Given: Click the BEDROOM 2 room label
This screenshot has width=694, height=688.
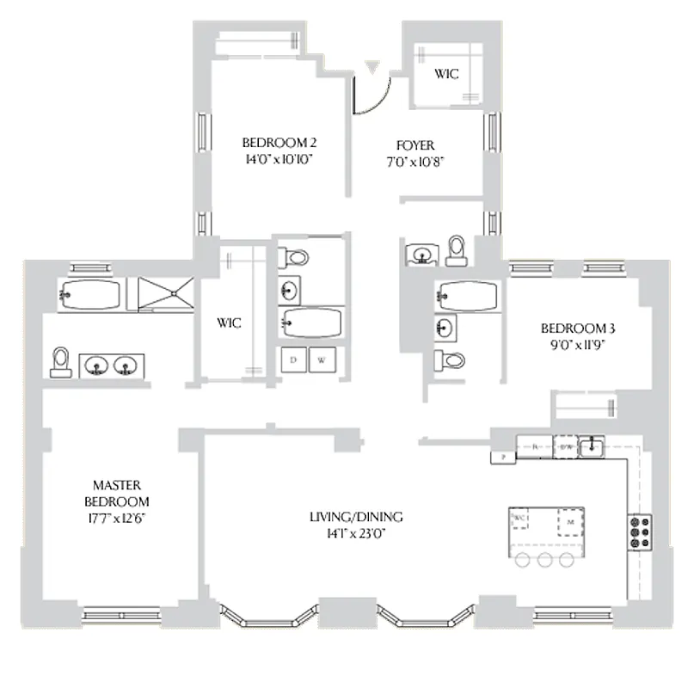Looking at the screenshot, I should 270,143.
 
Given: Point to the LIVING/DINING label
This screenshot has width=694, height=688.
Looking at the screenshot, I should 356,518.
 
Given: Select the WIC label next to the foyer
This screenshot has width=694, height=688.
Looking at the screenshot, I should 445,74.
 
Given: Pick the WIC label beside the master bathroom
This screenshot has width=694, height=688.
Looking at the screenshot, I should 229,323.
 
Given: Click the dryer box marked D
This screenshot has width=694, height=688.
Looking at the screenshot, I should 293,359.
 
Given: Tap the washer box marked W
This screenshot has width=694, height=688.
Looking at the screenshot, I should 322,359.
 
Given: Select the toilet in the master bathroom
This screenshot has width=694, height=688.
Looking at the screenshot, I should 60,362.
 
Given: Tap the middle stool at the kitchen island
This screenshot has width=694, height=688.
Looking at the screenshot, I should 544,561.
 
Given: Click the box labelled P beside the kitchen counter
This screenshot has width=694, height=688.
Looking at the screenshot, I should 502,457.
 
